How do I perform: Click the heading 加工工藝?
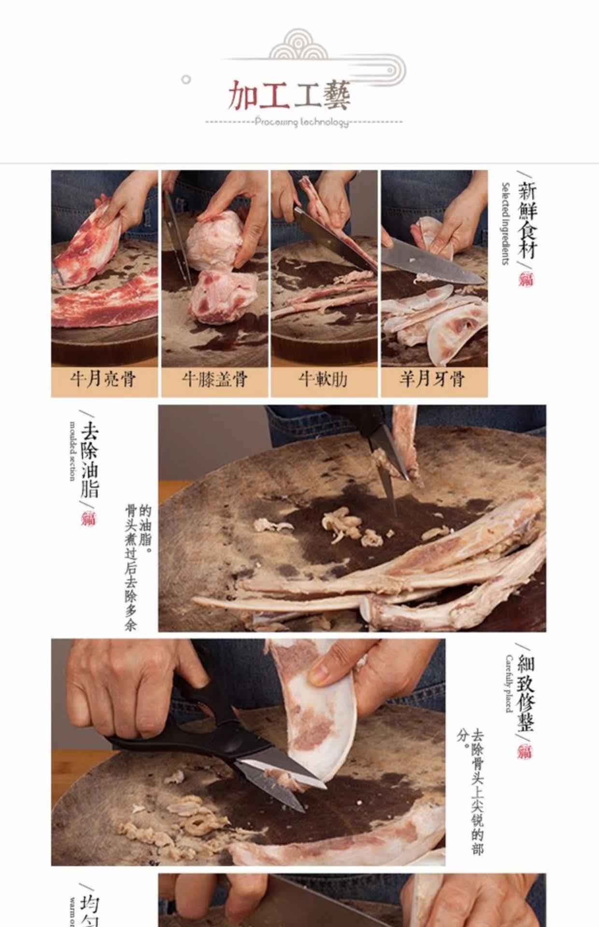tap(289, 95)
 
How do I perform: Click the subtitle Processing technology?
tap(302, 122)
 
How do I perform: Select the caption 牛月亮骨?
tap(104, 379)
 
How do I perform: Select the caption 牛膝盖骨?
tap(214, 379)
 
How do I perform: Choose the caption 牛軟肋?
tap(324, 379)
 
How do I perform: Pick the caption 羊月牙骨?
tap(433, 379)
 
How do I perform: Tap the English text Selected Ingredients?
tap(505, 223)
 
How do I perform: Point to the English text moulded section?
tap(72, 451)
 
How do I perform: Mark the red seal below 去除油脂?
tap(89, 519)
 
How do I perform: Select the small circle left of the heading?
tap(186, 80)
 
